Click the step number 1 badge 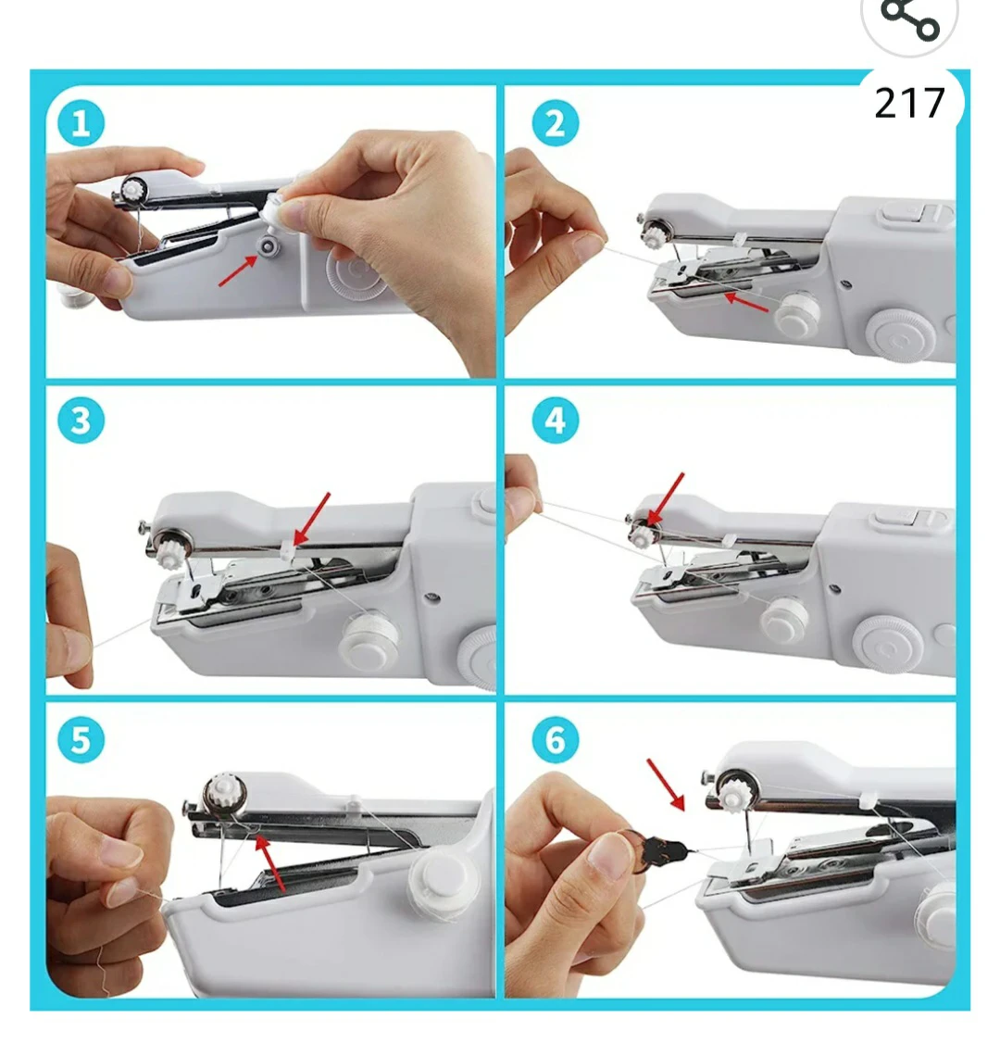(81, 123)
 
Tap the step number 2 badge (555, 123)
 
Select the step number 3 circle (81, 421)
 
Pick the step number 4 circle (555, 421)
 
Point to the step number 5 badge (81, 740)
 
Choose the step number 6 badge (555, 740)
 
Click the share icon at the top (908, 20)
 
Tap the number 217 (909, 103)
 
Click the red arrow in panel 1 (238, 270)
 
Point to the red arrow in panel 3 (312, 519)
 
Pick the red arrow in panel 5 (270, 861)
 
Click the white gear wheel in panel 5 (225, 793)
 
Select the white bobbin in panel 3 (369, 638)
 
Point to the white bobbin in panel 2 (796, 314)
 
